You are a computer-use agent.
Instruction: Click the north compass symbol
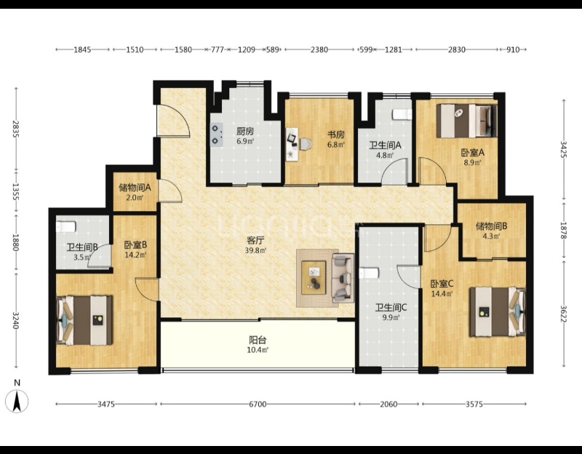point(17,401)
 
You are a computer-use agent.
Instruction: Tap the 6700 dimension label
point(258,404)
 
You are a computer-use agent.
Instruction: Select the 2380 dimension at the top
point(319,49)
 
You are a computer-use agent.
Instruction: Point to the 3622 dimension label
point(563,314)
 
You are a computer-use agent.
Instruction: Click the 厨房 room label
point(245,132)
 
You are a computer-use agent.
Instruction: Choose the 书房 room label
point(335,135)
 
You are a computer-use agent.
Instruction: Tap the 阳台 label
point(258,340)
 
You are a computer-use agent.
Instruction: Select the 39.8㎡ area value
point(255,250)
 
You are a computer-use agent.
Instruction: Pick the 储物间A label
point(135,188)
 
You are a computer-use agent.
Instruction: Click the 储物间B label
point(492,226)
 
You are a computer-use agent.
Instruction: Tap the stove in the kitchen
point(217,135)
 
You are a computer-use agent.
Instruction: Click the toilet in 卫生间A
point(402,114)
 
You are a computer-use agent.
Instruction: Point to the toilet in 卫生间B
point(66,226)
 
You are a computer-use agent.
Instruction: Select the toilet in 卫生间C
point(369,274)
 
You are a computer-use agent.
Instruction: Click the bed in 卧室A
point(466,121)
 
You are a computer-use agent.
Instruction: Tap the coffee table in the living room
point(314,278)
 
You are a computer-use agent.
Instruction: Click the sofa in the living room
point(343,278)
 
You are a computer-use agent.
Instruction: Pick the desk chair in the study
point(305,144)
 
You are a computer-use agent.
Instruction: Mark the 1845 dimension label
point(82,49)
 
